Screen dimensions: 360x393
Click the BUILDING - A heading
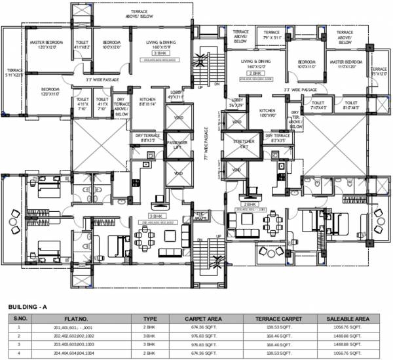(x=28, y=307)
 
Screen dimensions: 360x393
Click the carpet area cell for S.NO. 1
(x=204, y=326)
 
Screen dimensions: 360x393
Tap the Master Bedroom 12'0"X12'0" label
(x=45, y=45)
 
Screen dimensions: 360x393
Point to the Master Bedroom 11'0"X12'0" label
(x=342, y=64)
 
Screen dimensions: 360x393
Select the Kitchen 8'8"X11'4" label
(x=148, y=101)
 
